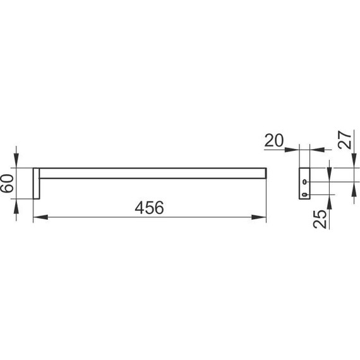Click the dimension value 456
(x=149, y=208)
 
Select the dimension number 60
(x=7, y=183)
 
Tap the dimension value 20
(x=274, y=140)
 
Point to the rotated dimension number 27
(x=345, y=140)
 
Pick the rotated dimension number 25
(x=320, y=219)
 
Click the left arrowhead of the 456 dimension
(x=40, y=217)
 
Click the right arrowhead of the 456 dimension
(x=259, y=217)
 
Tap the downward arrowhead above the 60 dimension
(x=16, y=160)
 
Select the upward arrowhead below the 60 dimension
(x=16, y=206)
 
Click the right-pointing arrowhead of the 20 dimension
(x=292, y=150)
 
